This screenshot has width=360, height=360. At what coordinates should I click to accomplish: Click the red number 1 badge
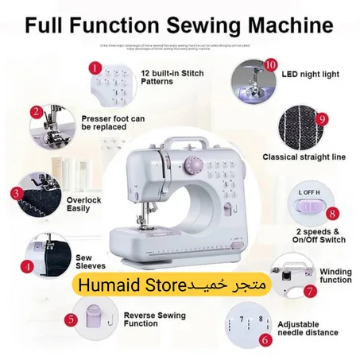(97, 68)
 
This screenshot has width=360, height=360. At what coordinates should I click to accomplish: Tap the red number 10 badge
(271, 64)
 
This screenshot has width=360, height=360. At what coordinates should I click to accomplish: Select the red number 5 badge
(72, 319)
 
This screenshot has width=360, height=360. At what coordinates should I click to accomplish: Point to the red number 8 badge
(332, 214)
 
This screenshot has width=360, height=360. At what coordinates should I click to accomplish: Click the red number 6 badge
(265, 338)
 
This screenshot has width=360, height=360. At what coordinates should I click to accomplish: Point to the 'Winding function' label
(335, 275)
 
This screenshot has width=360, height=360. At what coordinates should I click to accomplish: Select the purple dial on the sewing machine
(192, 166)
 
